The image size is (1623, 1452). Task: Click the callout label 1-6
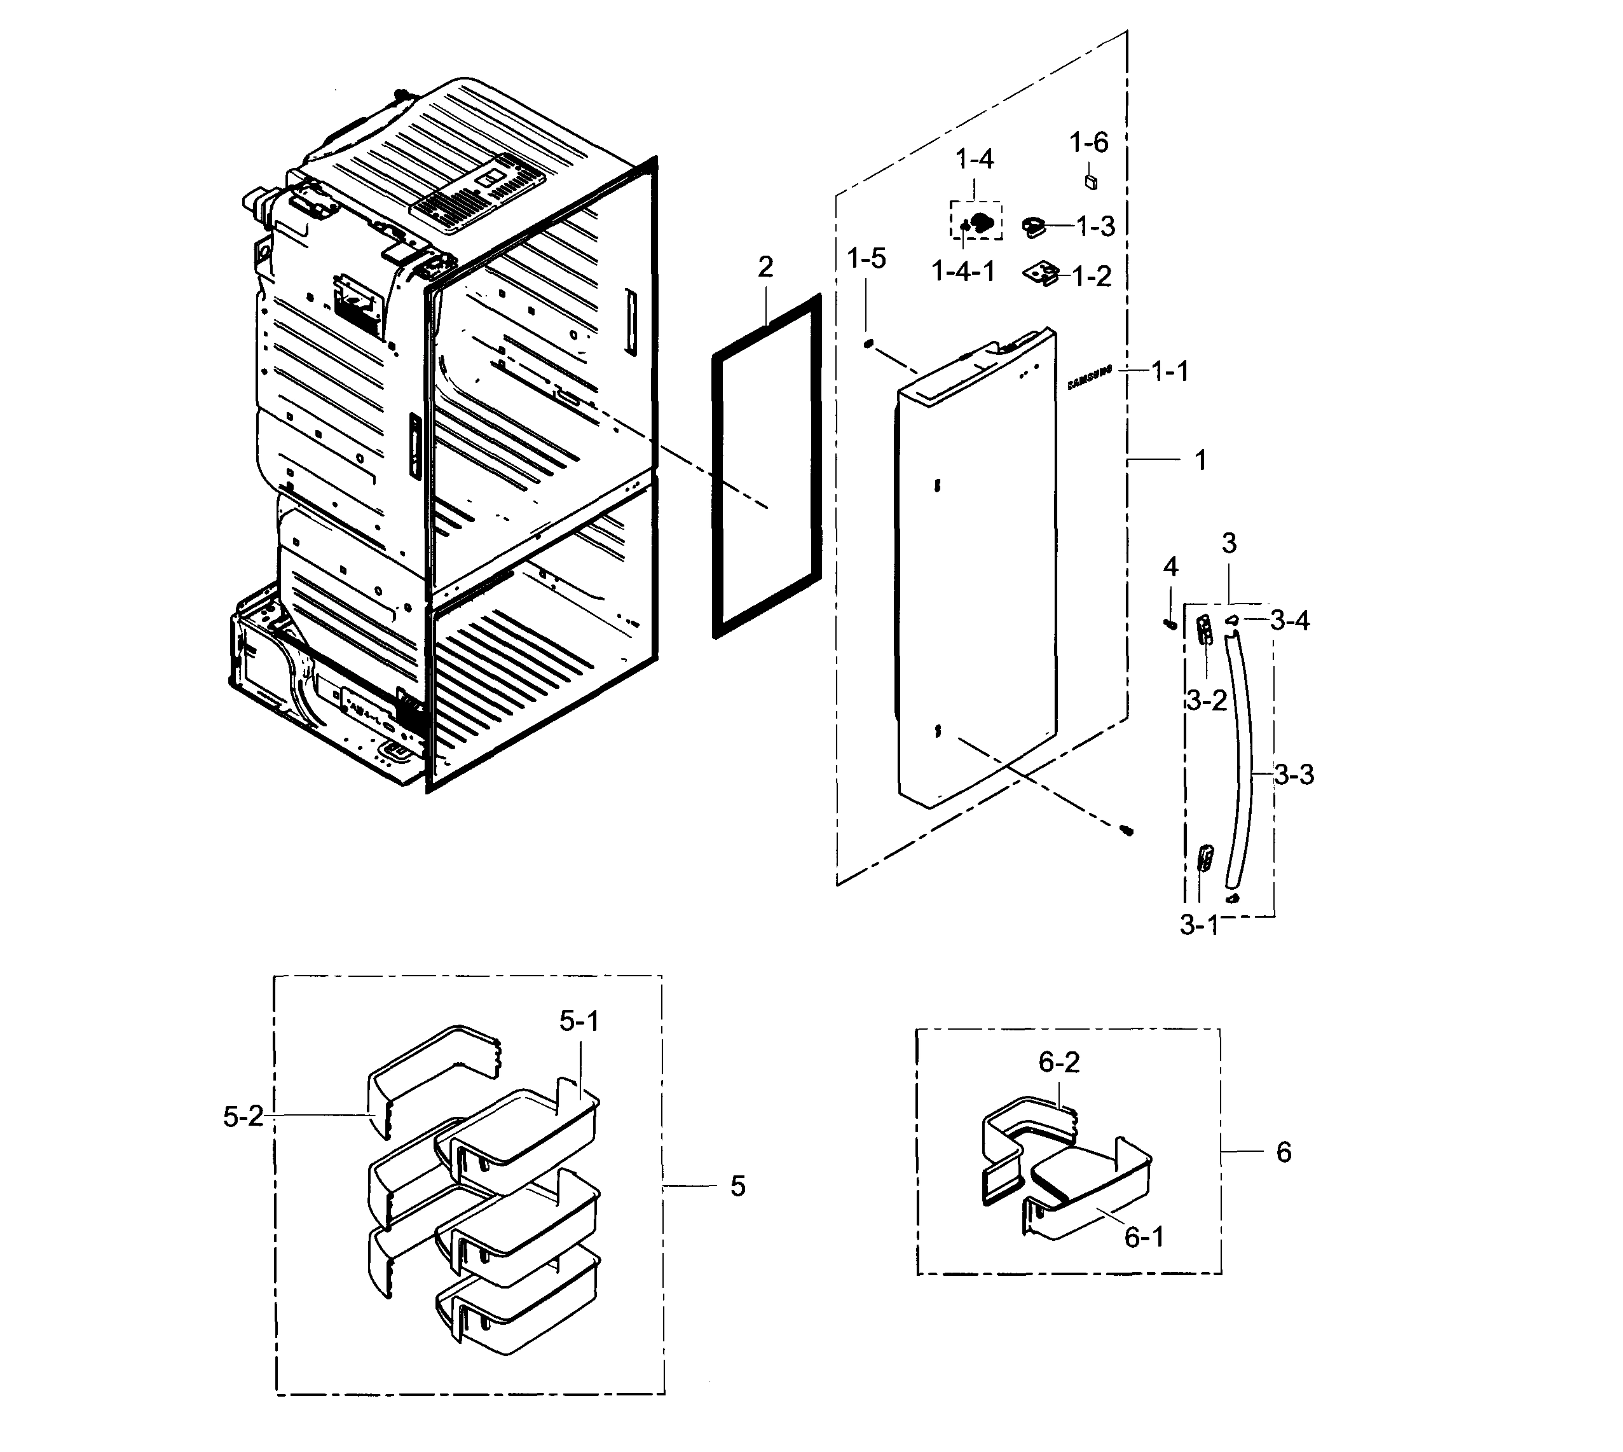click(x=1088, y=143)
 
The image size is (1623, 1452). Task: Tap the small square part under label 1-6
click(x=1091, y=182)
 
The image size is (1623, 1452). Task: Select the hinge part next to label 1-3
click(x=1034, y=228)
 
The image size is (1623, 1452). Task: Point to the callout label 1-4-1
click(x=963, y=272)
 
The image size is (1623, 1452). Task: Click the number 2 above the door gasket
click(x=765, y=266)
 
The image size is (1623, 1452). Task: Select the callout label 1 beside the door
click(x=1200, y=460)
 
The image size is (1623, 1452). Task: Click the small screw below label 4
click(x=1170, y=623)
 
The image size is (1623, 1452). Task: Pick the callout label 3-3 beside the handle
click(x=1294, y=774)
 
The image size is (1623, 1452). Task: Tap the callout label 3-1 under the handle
click(x=1199, y=925)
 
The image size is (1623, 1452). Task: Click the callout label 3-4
click(x=1290, y=620)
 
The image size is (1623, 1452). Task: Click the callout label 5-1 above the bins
click(x=579, y=1021)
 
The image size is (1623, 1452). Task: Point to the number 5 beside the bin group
click(x=737, y=1186)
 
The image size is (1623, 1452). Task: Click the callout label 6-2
click(x=1059, y=1062)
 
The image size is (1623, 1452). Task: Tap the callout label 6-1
click(x=1144, y=1236)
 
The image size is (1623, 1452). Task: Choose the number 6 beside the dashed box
click(x=1284, y=1151)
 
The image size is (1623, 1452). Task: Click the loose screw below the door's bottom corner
click(x=1127, y=831)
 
